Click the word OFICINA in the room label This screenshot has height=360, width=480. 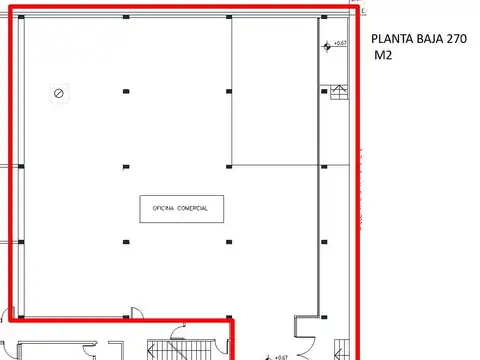coord(164,208)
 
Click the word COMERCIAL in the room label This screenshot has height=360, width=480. coord(193,208)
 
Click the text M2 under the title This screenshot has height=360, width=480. coord(383,56)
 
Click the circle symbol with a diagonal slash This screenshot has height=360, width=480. coord(59,93)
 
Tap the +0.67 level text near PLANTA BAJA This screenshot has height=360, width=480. coord(340,43)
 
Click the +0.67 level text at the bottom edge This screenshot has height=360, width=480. coord(281,356)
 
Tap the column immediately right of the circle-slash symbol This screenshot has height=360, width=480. coord(125,93)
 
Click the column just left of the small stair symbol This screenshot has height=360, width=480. coord(323,92)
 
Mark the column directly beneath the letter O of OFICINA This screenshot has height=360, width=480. coord(125,241)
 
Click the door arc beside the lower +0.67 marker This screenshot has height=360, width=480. coord(302,330)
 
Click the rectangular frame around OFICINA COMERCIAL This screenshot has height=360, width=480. coord(180,208)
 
